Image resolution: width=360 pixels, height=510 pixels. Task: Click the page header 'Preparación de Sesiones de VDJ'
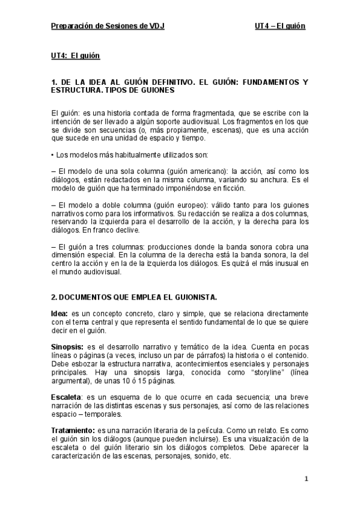pyautogui.click(x=108, y=26)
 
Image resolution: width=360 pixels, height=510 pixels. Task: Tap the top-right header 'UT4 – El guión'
pyautogui.click(x=280, y=26)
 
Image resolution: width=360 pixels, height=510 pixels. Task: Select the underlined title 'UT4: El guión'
pyautogui.click(x=75, y=57)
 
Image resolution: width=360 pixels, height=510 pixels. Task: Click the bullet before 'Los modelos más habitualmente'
pyautogui.click(x=52, y=155)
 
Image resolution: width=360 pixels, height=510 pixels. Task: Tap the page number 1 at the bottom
pyautogui.click(x=306, y=479)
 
